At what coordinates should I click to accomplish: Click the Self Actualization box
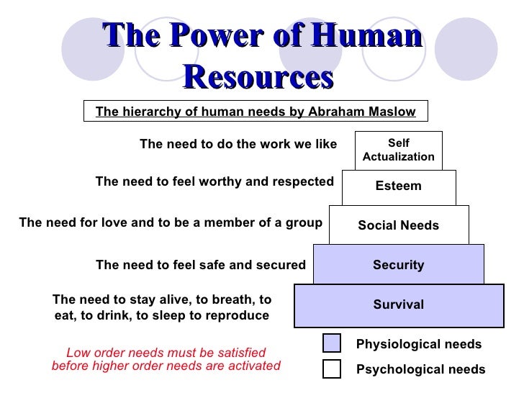coord(398,150)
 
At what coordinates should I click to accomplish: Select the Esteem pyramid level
coord(398,187)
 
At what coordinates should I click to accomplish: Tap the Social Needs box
coord(398,225)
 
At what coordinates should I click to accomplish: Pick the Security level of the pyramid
coord(398,265)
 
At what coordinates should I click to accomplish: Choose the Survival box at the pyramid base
coord(398,304)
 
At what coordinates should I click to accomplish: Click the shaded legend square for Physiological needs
coord(331,343)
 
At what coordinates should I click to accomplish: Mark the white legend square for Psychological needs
coord(331,369)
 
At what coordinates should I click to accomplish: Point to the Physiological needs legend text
coord(419,345)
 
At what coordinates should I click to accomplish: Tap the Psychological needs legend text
coord(421,369)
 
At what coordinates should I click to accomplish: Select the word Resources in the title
coord(258,75)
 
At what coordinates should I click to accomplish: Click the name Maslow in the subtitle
coord(392,112)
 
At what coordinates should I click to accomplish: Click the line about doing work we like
coord(238,144)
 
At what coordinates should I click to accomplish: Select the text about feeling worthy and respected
coord(214,182)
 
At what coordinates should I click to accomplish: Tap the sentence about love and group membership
coord(170,222)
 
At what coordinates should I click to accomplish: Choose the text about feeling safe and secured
coord(200,265)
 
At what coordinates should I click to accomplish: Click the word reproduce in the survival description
coord(238,315)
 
